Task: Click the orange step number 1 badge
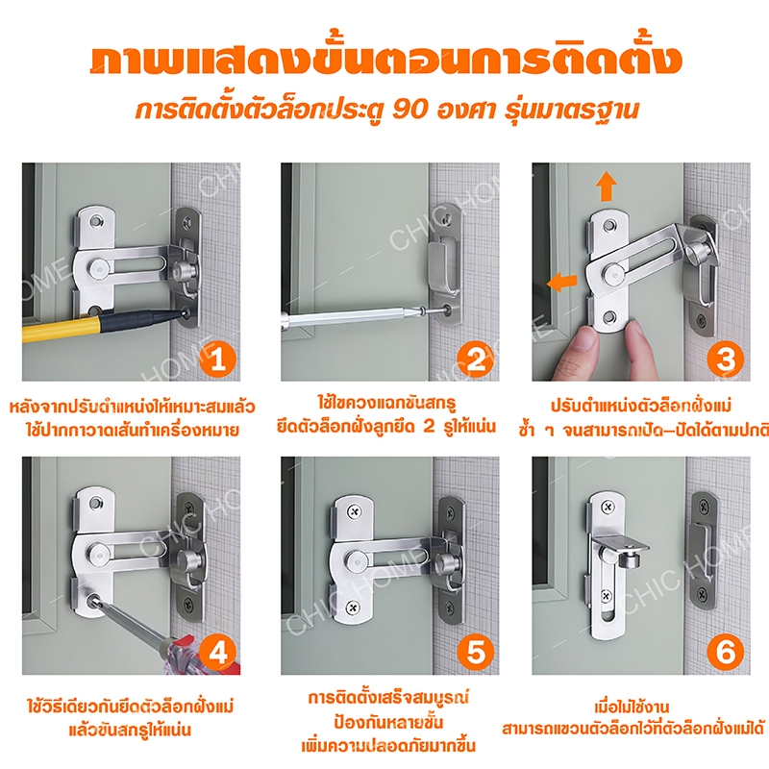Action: point(218,360)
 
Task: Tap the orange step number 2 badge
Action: point(475,360)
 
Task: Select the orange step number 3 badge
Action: point(726,360)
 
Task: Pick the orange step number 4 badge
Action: point(218,653)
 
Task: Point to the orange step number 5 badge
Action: point(475,653)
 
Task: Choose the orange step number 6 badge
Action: point(726,653)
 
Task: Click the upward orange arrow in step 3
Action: point(607,186)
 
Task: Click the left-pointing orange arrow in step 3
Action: point(562,283)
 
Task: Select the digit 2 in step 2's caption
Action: point(429,426)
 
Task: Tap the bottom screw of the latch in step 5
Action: point(353,608)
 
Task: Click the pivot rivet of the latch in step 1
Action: point(98,269)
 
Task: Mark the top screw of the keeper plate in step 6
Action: point(705,503)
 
